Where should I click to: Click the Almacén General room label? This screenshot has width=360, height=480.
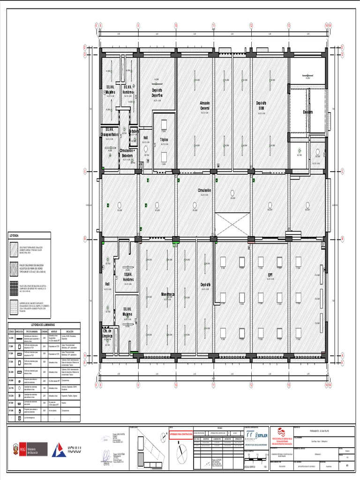pyautogui.click(x=205, y=105)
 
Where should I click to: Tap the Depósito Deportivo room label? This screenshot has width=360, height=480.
pyautogui.click(x=157, y=92)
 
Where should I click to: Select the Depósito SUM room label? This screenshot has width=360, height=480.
pyautogui.click(x=261, y=105)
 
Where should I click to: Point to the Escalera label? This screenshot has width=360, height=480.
pyautogui.click(x=307, y=112)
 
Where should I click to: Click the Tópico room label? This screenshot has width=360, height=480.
pyautogui.click(x=164, y=140)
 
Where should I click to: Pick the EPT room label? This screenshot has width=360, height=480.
pyautogui.click(x=270, y=275)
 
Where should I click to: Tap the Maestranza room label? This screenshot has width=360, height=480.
pyautogui.click(x=167, y=294)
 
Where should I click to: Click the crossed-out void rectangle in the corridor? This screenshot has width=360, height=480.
pyautogui.click(x=233, y=225)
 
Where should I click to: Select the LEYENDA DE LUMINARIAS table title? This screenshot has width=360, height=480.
pyautogui.click(x=43, y=325)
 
